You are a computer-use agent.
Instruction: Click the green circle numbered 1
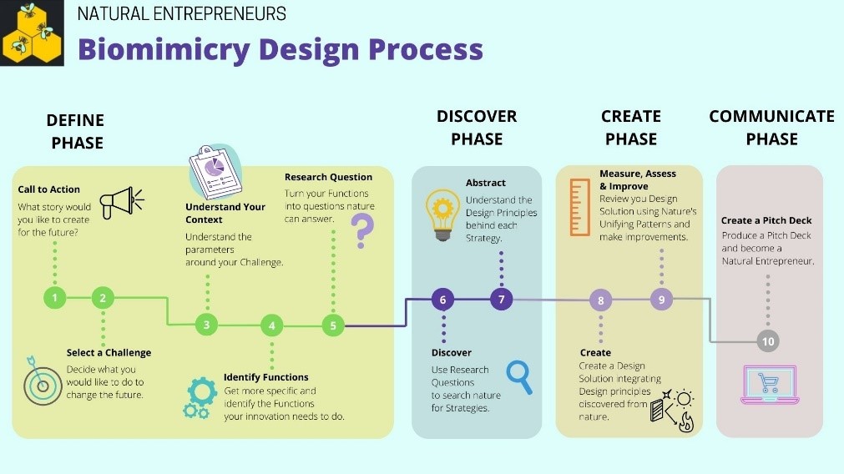tap(55, 297)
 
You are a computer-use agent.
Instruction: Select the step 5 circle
tap(333, 325)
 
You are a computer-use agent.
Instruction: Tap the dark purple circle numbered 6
tap(443, 299)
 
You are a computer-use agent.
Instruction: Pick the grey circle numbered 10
tap(768, 340)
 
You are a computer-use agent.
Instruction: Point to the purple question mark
tap(361, 231)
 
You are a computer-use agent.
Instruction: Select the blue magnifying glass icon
tap(519, 376)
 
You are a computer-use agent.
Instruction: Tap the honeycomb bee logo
tap(33, 33)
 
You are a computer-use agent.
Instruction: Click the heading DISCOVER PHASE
tap(477, 128)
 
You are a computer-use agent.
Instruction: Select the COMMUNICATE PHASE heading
tap(771, 128)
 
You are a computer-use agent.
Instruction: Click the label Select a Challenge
tap(109, 353)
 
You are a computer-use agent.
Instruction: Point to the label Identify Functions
tap(265, 377)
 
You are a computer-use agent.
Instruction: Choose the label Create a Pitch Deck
tap(766, 221)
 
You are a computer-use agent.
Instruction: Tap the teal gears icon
tap(200, 397)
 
